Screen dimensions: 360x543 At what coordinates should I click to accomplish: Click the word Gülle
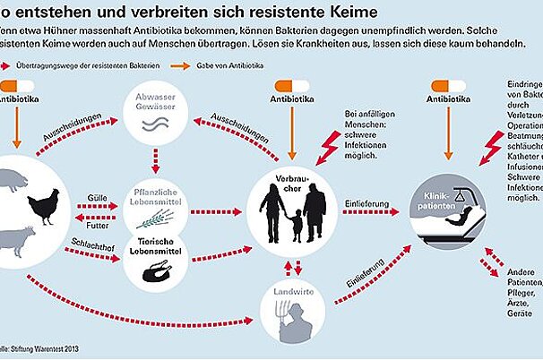(98, 196)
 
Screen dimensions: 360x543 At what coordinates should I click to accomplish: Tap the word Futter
(98, 226)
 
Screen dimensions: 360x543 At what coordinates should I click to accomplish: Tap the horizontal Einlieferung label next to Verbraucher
(366, 205)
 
